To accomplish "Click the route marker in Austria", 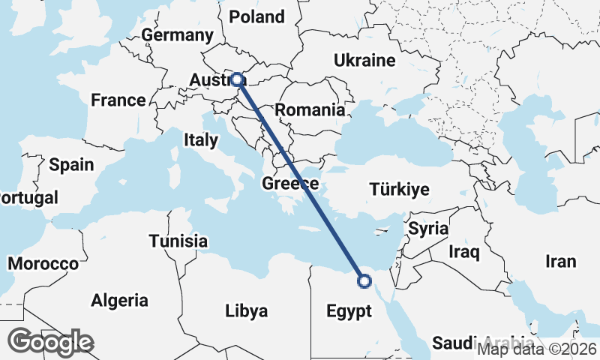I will click(237, 79).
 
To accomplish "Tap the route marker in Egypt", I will click(364, 281).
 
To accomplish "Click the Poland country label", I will click(256, 16).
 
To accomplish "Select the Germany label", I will click(177, 35).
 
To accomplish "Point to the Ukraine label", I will click(364, 60).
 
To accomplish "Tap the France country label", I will click(118, 100).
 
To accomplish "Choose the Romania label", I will click(310, 110).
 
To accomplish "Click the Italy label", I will click(201, 140).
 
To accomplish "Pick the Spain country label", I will click(71, 164).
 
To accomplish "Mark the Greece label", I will click(291, 184).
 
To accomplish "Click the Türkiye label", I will click(399, 190).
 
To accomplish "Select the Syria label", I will click(428, 229).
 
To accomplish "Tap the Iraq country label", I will click(463, 252).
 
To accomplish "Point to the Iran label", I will click(561, 262).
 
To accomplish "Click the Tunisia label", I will click(178, 241).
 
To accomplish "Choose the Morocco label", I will click(43, 264).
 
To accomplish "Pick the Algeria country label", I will click(119, 301).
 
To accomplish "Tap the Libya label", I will click(246, 311).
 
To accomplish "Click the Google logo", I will click(50, 342).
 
